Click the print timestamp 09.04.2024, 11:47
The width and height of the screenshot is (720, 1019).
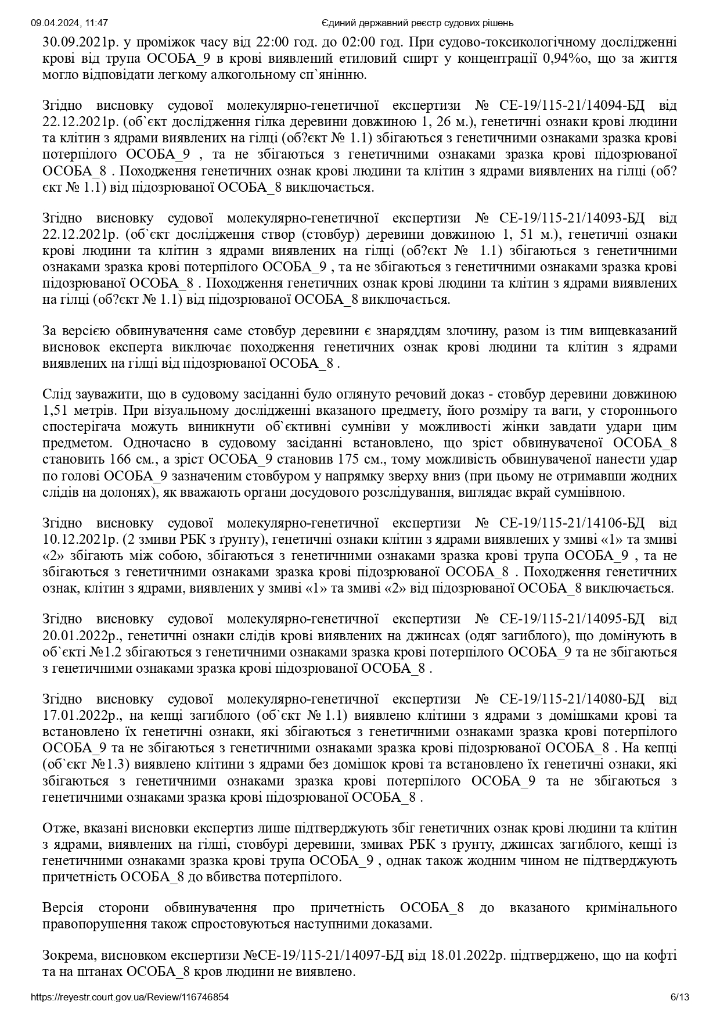pyautogui.click(x=69, y=23)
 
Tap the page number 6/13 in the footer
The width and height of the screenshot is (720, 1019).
pyautogui.click(x=680, y=998)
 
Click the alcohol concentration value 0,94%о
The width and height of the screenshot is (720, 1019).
pyautogui.click(x=565, y=59)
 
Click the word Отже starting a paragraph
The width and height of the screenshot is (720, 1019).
pyautogui.click(x=59, y=827)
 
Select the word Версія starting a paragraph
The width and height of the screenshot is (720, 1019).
pyautogui.click(x=63, y=907)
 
